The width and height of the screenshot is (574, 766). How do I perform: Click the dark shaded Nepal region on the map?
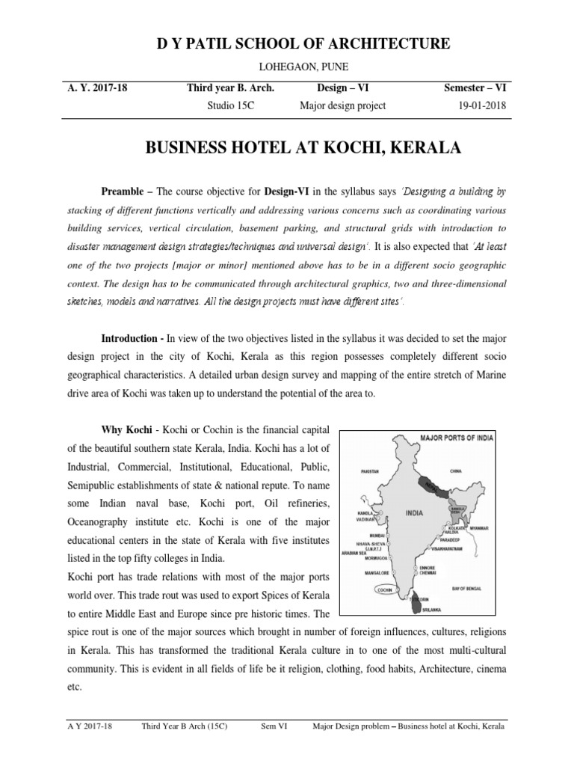[x=431, y=484]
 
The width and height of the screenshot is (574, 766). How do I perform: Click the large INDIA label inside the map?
[x=416, y=512]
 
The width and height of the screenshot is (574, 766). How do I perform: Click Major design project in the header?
[x=342, y=105]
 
